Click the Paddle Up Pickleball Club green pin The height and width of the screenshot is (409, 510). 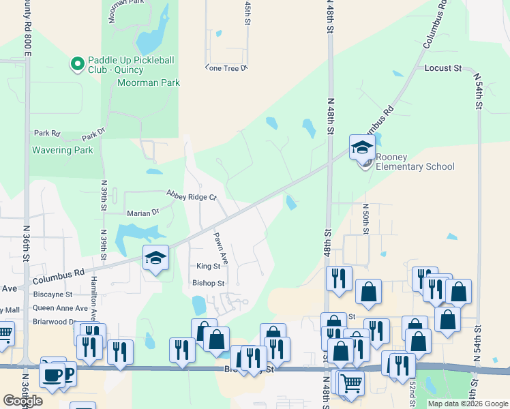tap(77, 65)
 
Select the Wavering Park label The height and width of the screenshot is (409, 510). tap(62, 150)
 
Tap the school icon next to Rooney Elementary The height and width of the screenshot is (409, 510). tap(363, 147)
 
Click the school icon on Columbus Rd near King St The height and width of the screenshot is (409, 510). tap(155, 258)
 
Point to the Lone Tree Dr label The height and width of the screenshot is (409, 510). tap(226, 67)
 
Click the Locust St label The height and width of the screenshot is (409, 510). tap(443, 69)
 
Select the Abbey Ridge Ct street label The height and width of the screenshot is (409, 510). tap(191, 196)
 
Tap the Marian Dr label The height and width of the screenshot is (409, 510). tap(142, 213)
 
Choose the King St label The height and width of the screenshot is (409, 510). tap(208, 267)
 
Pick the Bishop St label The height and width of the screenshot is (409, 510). tap(208, 283)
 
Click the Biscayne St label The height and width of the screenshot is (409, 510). tap(52, 294)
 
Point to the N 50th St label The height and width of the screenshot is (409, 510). tap(366, 218)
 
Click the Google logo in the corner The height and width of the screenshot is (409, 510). tap(22, 401)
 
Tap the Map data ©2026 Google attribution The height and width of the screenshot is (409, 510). tap(467, 404)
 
